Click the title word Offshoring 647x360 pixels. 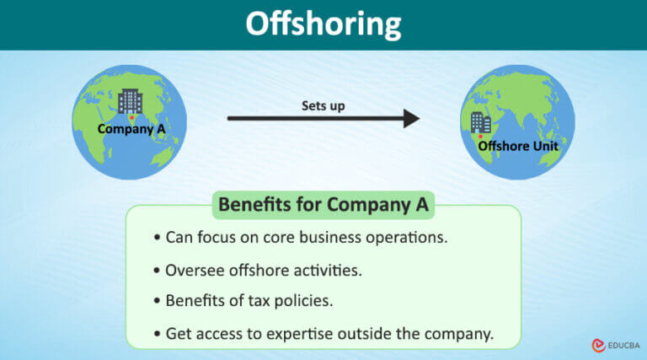click(x=323, y=24)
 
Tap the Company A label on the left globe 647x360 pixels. click(x=131, y=129)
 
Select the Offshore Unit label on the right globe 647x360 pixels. click(x=518, y=146)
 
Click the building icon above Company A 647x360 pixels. click(x=131, y=101)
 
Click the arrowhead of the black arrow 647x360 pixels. click(x=410, y=118)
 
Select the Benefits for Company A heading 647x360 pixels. click(x=323, y=204)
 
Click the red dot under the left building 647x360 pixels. click(x=131, y=118)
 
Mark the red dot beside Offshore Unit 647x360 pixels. click(x=481, y=136)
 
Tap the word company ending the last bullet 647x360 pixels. click(x=458, y=334)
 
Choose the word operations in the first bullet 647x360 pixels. click(x=403, y=238)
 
